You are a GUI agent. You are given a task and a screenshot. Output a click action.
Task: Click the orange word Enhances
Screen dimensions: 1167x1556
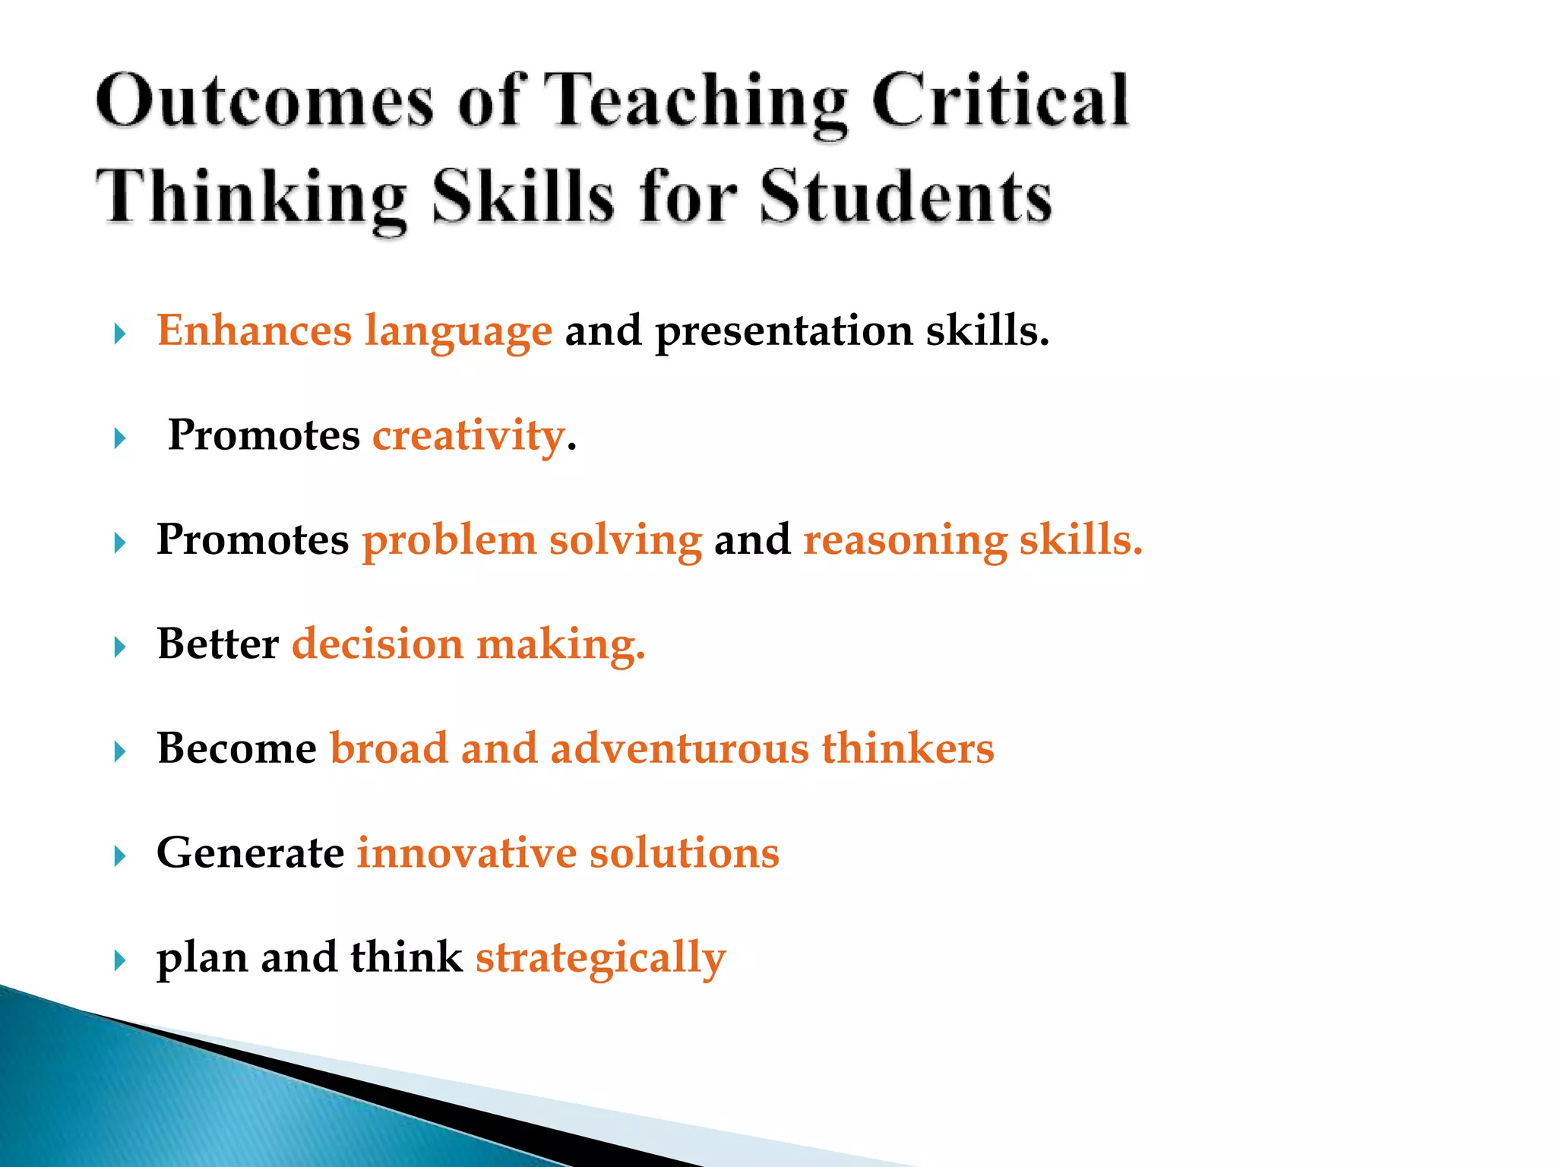pos(254,330)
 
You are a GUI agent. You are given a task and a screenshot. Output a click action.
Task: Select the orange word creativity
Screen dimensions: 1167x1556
pos(468,436)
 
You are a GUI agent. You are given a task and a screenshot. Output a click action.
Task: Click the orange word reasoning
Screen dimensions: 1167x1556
pos(905,541)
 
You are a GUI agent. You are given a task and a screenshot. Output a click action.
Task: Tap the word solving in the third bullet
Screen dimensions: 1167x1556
pos(625,540)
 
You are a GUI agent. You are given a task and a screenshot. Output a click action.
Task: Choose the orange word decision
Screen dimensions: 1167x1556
pos(378,644)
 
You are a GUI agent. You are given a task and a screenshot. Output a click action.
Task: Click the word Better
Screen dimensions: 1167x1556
pos(218,644)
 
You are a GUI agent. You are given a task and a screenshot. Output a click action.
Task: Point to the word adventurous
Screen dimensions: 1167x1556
pos(679,748)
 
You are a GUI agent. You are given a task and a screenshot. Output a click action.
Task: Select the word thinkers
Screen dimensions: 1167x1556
pos(907,748)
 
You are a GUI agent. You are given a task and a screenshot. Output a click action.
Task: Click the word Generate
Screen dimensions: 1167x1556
pos(250,852)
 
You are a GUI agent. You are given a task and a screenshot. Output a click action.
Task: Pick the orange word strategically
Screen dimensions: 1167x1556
pos(600,958)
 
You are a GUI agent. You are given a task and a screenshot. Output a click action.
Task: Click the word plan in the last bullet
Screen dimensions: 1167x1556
pos(202,958)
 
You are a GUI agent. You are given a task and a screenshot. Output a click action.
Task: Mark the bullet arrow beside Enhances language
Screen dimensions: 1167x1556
pos(119,334)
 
